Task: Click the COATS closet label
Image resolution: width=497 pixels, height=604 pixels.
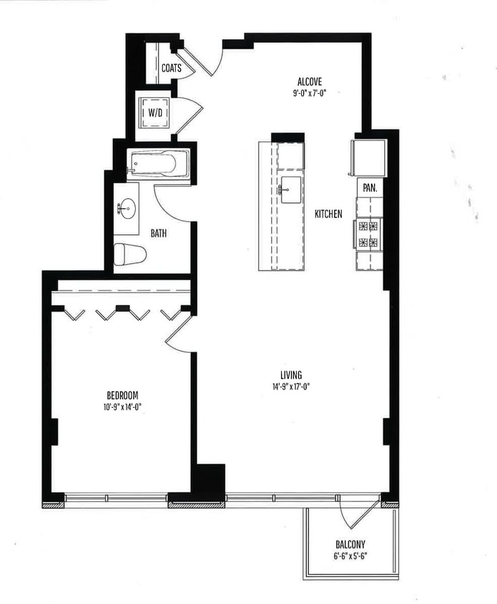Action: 171,69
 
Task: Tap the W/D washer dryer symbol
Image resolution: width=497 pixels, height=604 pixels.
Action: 154,112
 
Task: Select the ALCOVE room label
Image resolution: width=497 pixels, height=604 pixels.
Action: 311,82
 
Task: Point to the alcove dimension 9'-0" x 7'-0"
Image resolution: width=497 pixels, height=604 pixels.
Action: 311,93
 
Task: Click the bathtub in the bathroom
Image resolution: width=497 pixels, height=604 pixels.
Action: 157,165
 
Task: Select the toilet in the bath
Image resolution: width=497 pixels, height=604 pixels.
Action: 132,254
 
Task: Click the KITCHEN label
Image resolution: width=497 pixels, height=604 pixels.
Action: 328,213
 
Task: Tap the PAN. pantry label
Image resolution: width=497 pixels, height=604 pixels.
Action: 370,187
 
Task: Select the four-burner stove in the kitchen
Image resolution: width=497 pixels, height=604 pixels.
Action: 368,234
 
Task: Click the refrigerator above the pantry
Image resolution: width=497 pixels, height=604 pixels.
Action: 368,157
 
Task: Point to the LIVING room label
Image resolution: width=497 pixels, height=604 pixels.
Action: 291,374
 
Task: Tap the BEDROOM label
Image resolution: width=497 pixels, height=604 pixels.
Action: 122,395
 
